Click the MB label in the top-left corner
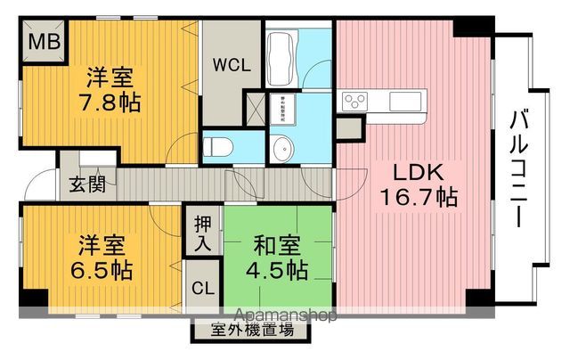(39, 43)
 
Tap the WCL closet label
(230, 65)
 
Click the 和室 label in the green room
(267, 241)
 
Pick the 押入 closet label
(201, 232)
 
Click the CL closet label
(201, 290)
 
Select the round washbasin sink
(284, 145)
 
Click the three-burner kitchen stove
(355, 100)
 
